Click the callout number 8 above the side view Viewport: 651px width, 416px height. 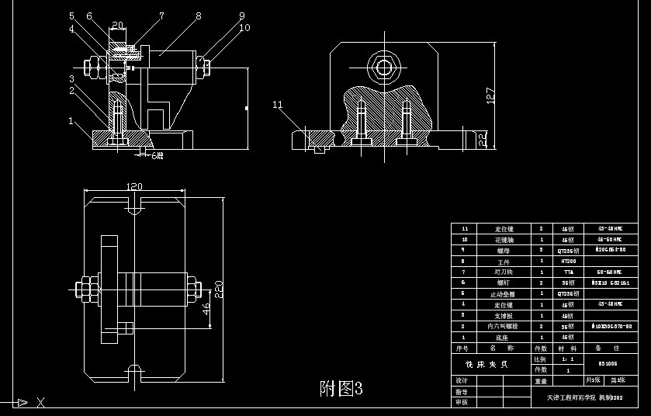pyautogui.click(x=199, y=16)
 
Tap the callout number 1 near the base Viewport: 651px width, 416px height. pyautogui.click(x=71, y=121)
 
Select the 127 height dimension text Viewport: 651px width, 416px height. pyautogui.click(x=490, y=95)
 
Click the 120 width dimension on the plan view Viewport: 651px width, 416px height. pyautogui.click(x=134, y=187)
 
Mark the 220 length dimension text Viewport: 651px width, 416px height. pyautogui.click(x=219, y=292)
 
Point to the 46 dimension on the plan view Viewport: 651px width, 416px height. pyautogui.click(x=206, y=308)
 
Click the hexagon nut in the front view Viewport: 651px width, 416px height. pyautogui.click(x=383, y=67)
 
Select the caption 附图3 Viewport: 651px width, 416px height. pyautogui.click(x=341, y=387)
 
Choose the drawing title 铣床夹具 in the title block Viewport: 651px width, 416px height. pyautogui.click(x=487, y=364)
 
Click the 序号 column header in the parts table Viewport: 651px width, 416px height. pyautogui.click(x=464, y=348)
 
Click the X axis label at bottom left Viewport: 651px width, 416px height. pyautogui.click(x=41, y=402)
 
